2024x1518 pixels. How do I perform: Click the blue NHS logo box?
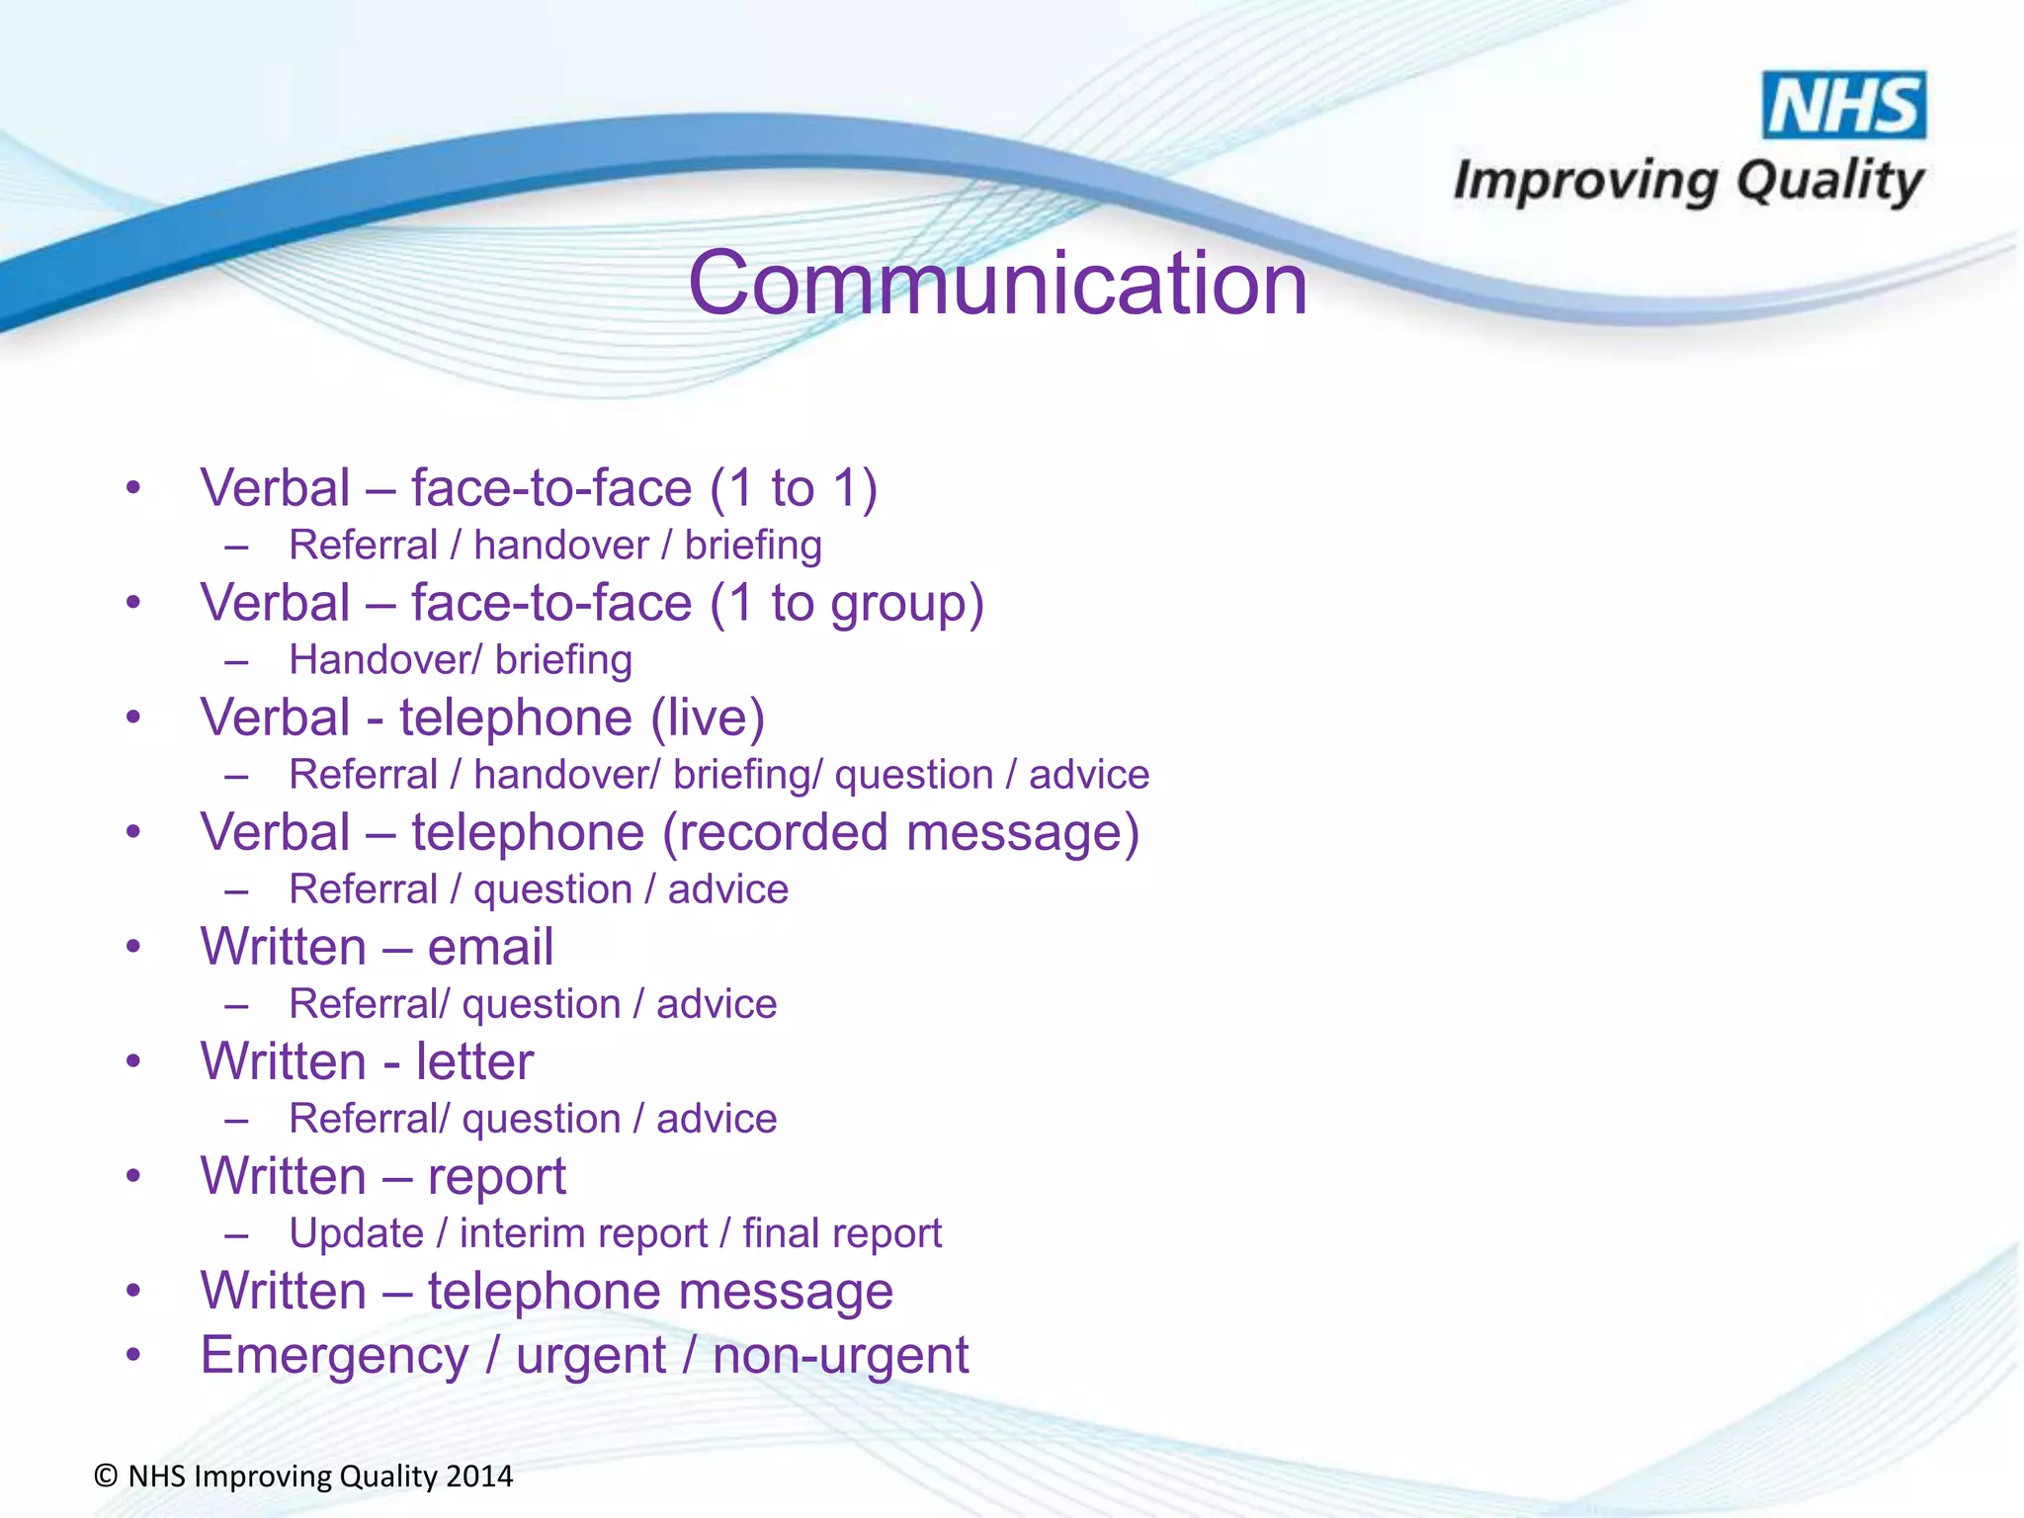1843,105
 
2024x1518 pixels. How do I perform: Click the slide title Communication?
997,284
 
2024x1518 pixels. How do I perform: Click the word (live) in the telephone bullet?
708,718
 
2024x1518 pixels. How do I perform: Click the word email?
490,948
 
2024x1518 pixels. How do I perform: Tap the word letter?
474,1062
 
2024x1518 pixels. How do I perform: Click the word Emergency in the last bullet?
334,1356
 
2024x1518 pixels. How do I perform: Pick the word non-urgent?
840,1356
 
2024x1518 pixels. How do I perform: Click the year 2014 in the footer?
479,1476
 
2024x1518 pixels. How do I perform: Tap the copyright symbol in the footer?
107,1476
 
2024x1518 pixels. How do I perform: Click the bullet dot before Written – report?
133,1176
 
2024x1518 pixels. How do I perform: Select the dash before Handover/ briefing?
235,661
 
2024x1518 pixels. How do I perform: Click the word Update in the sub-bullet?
356,1234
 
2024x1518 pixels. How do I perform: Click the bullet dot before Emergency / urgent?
133,1355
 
